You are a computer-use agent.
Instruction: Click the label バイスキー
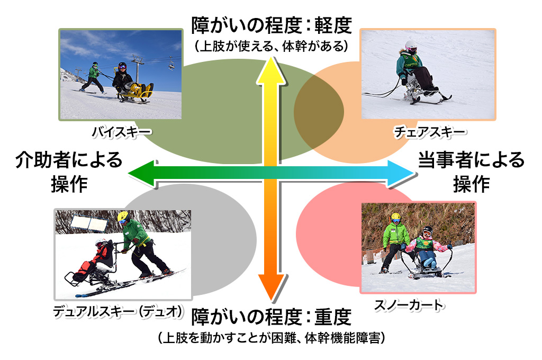click(122, 132)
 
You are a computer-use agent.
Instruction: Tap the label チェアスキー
click(430, 132)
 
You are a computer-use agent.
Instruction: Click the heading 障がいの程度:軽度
click(272, 25)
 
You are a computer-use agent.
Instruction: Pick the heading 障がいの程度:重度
click(272, 317)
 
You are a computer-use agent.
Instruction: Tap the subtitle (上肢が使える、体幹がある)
click(272, 46)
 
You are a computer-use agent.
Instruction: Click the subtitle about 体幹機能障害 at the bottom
click(272, 338)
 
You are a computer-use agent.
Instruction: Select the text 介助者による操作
click(69, 172)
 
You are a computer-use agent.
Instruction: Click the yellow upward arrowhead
click(271, 70)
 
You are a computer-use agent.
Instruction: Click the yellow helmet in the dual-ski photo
click(123, 217)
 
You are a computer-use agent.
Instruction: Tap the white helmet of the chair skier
click(411, 46)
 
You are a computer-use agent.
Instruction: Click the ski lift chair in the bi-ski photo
click(171, 65)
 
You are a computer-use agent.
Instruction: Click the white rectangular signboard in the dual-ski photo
click(89, 223)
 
